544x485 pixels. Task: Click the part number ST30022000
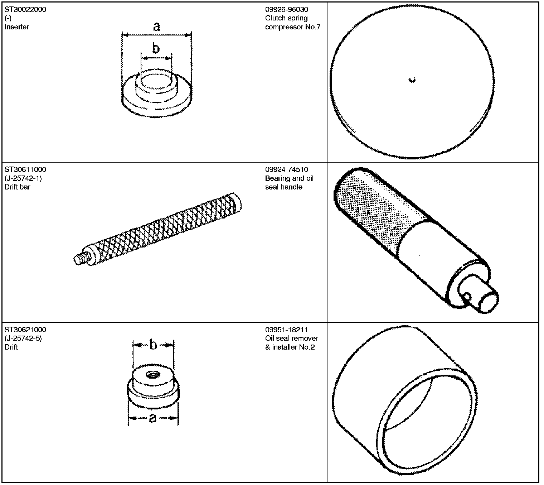pyautogui.click(x=25, y=9)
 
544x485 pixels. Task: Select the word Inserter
pyautogui.click(x=17, y=27)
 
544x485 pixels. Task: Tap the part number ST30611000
pyautogui.click(x=25, y=169)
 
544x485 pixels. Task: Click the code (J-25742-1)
pyautogui.click(x=23, y=178)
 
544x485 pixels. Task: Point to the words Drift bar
pyautogui.click(x=17, y=187)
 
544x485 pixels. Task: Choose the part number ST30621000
pyautogui.click(x=25, y=330)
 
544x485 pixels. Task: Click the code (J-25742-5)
pyautogui.click(x=23, y=338)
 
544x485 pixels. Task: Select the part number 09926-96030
pyautogui.click(x=287, y=9)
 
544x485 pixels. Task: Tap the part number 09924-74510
pyautogui.click(x=287, y=169)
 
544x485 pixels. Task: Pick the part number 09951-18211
pyautogui.click(x=286, y=330)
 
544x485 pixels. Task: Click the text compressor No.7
pyautogui.click(x=293, y=27)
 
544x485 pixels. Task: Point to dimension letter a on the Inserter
pyautogui.click(x=156, y=27)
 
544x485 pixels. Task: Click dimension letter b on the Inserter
pyautogui.click(x=156, y=48)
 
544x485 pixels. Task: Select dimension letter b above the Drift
pyautogui.click(x=153, y=345)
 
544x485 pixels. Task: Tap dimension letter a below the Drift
pyautogui.click(x=152, y=418)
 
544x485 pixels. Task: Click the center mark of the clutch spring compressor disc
pyautogui.click(x=412, y=80)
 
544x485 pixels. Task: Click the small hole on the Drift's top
pyautogui.click(x=152, y=374)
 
